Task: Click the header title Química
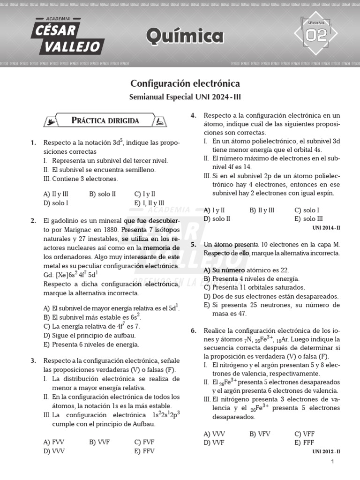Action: pyautogui.click(x=185, y=35)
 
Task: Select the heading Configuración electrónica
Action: pyautogui.click(x=185, y=83)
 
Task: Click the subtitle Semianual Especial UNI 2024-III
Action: pyautogui.click(x=185, y=97)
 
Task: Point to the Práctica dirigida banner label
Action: pyautogui.click(x=105, y=120)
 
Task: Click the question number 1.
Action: pyautogui.click(x=33, y=142)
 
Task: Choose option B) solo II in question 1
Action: pyautogui.click(x=102, y=193)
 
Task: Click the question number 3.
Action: pyautogui.click(x=33, y=360)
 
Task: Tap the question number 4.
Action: pyautogui.click(x=193, y=115)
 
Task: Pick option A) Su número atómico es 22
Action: pyautogui.click(x=246, y=270)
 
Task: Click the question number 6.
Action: pyautogui.click(x=193, y=330)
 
